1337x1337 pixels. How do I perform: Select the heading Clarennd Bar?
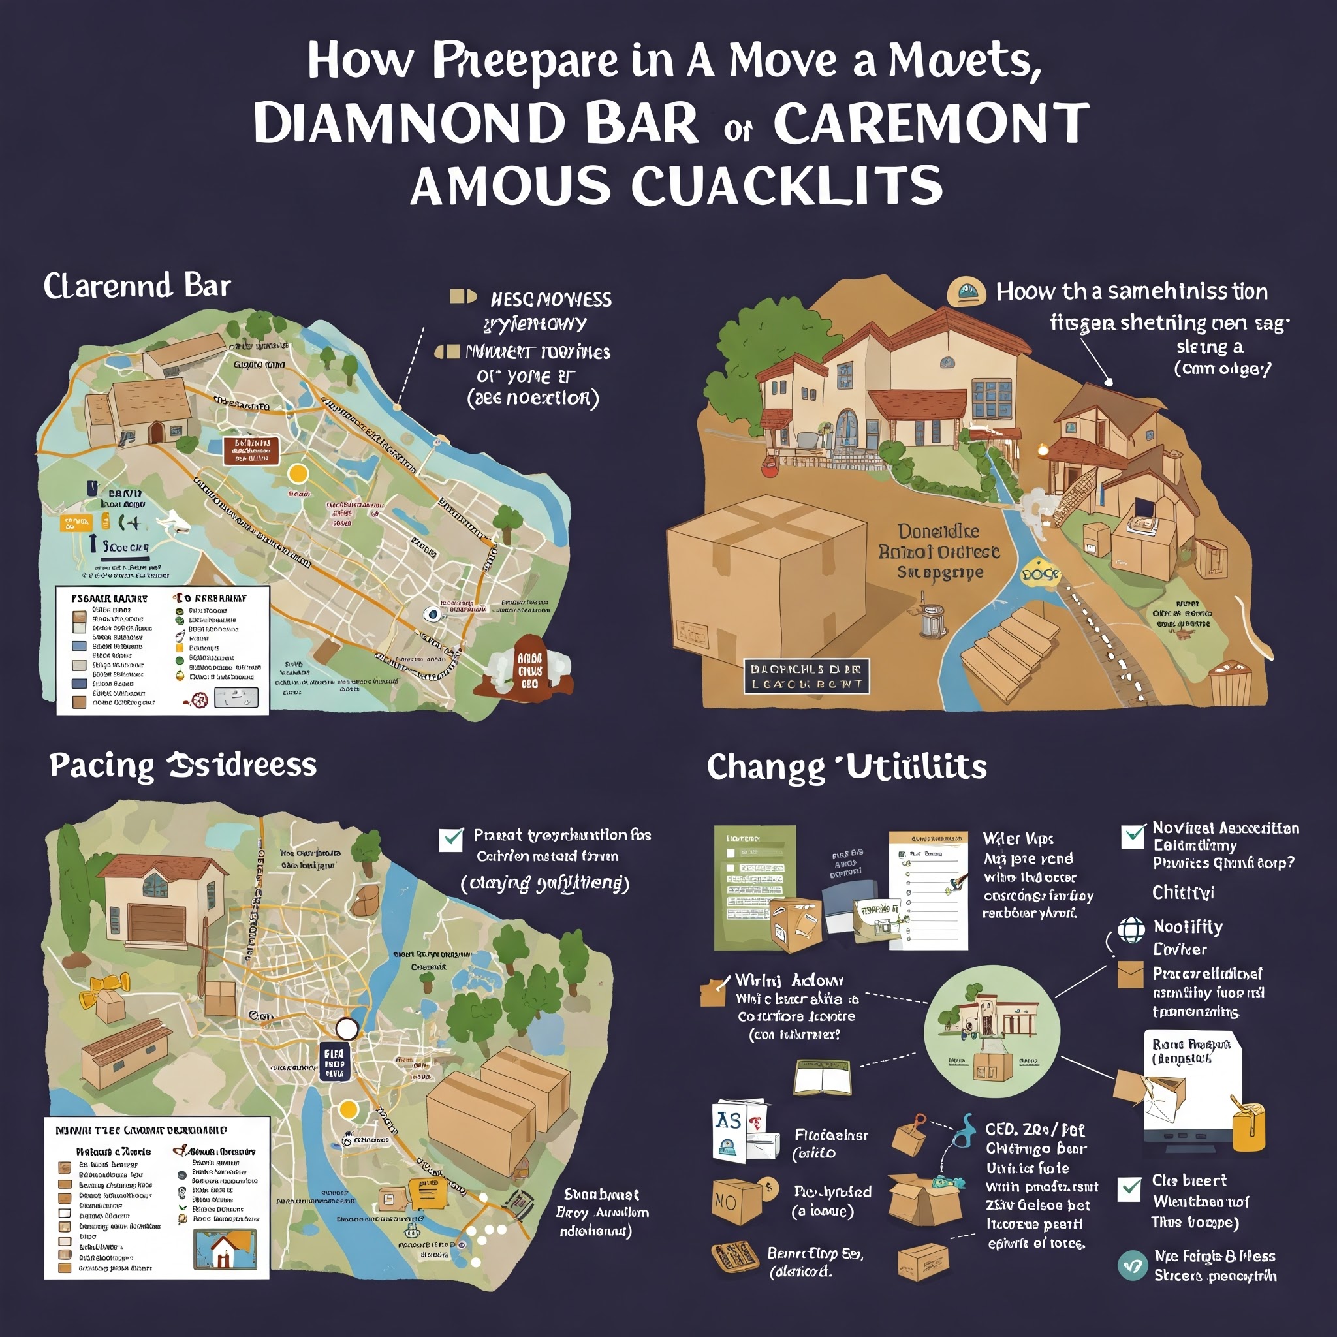[x=137, y=286]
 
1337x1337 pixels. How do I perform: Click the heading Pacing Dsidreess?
[x=183, y=765]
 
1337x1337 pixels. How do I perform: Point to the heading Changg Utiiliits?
[x=846, y=767]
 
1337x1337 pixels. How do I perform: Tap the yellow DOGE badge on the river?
[x=1039, y=575]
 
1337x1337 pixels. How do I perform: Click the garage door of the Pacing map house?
[x=157, y=922]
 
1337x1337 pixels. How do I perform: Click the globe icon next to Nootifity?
[x=1131, y=930]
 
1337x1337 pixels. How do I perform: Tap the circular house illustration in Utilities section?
[x=992, y=1031]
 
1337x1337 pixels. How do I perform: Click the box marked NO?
[x=736, y=1201]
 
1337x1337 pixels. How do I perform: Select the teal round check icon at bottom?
[x=1132, y=1265]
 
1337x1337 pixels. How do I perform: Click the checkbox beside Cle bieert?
[x=1129, y=1189]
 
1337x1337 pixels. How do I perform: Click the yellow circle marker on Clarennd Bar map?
[x=298, y=473]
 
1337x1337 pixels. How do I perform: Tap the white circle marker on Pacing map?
[x=347, y=1029]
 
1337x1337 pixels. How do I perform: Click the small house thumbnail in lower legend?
[x=226, y=1249]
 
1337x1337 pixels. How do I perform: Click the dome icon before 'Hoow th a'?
[x=966, y=291]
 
